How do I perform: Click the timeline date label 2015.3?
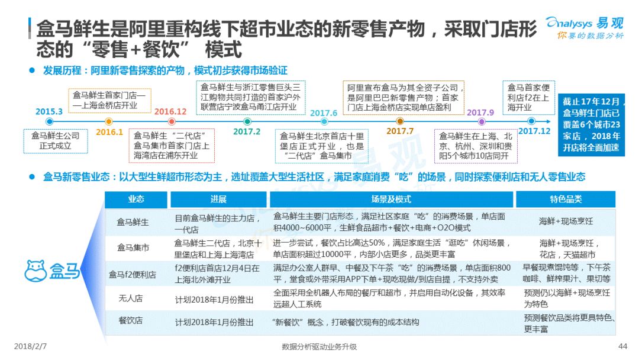coord(49,111)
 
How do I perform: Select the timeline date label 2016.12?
coord(170,111)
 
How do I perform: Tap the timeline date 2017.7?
coord(400,131)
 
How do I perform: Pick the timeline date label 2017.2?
coord(247,131)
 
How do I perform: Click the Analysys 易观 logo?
coord(584,28)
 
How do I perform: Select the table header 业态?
coord(136,200)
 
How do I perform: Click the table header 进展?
coord(218,200)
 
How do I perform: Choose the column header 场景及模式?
coord(391,200)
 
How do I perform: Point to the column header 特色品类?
coord(566,200)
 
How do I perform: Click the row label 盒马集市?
coord(133,247)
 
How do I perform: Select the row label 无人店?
coord(131,298)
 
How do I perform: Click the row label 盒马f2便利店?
coord(133,274)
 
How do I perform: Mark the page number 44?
coord(622,346)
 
